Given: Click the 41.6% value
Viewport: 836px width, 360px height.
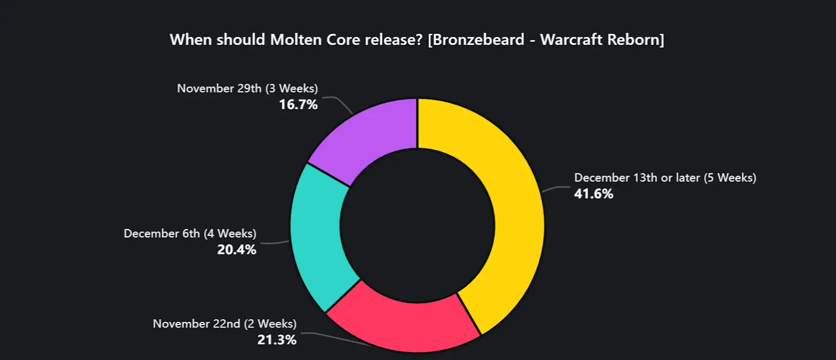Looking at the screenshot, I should [594, 194].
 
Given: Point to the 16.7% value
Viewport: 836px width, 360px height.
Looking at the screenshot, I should [298, 104].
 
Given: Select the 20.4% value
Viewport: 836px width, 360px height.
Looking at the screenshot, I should [237, 250].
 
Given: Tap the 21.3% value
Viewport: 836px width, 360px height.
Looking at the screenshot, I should [277, 340].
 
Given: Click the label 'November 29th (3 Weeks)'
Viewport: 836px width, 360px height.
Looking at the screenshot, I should [247, 88].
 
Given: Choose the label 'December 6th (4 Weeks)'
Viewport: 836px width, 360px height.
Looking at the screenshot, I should [190, 234].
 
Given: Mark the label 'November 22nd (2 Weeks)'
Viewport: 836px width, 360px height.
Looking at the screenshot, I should [224, 324].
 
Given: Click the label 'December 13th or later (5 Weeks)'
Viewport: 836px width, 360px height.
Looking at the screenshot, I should [665, 178].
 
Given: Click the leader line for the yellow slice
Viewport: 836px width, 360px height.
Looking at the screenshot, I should [557, 188].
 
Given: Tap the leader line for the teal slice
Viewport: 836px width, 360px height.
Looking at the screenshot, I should [274, 243].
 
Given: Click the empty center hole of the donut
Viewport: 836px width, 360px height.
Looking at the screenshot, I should [417, 226].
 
